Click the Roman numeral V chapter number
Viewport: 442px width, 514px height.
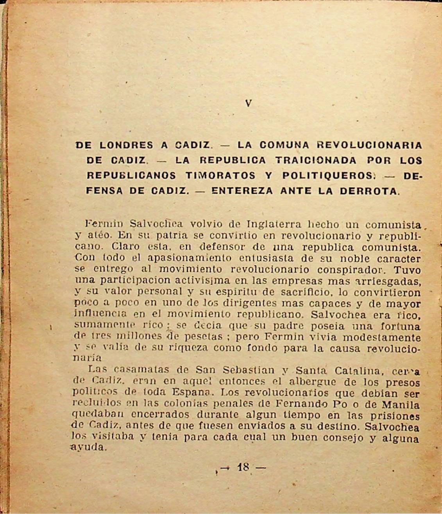point(248,104)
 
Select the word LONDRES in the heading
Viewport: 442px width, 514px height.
point(126,145)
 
